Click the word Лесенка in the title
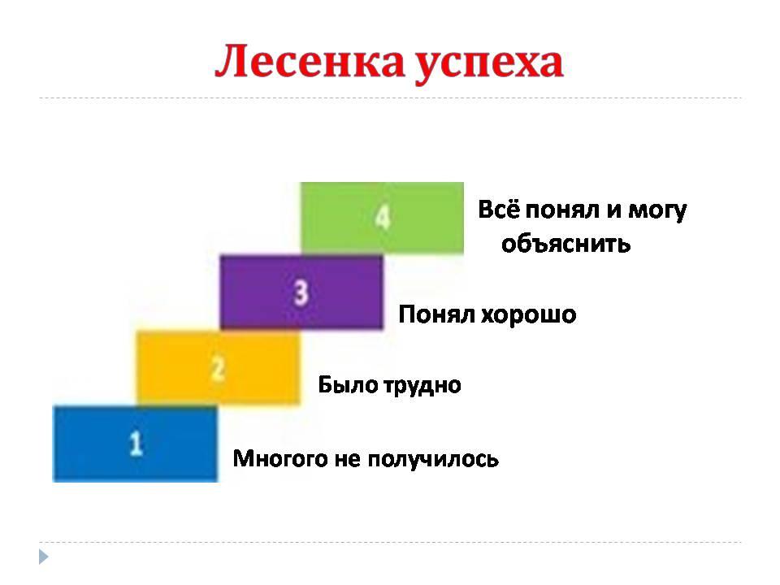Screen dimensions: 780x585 310,62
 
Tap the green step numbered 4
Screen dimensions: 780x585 382,219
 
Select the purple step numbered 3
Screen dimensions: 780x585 301,292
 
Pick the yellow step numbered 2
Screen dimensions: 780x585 219,368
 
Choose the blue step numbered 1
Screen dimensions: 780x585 136,444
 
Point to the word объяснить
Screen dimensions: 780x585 565,244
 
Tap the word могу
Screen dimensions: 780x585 657,211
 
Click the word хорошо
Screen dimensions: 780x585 529,315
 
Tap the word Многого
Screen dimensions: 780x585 280,458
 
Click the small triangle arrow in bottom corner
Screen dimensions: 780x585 43,557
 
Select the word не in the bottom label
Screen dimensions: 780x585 348,460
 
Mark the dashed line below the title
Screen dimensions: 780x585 390,98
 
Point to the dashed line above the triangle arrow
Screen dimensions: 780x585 390,542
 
